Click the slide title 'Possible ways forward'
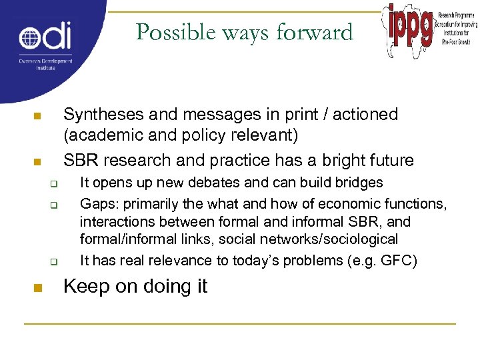tap(244, 31)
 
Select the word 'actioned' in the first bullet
tap(365, 115)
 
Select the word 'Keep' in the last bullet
tap(84, 287)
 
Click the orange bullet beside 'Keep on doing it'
tap(37, 289)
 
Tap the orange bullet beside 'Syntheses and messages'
tap(37, 117)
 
